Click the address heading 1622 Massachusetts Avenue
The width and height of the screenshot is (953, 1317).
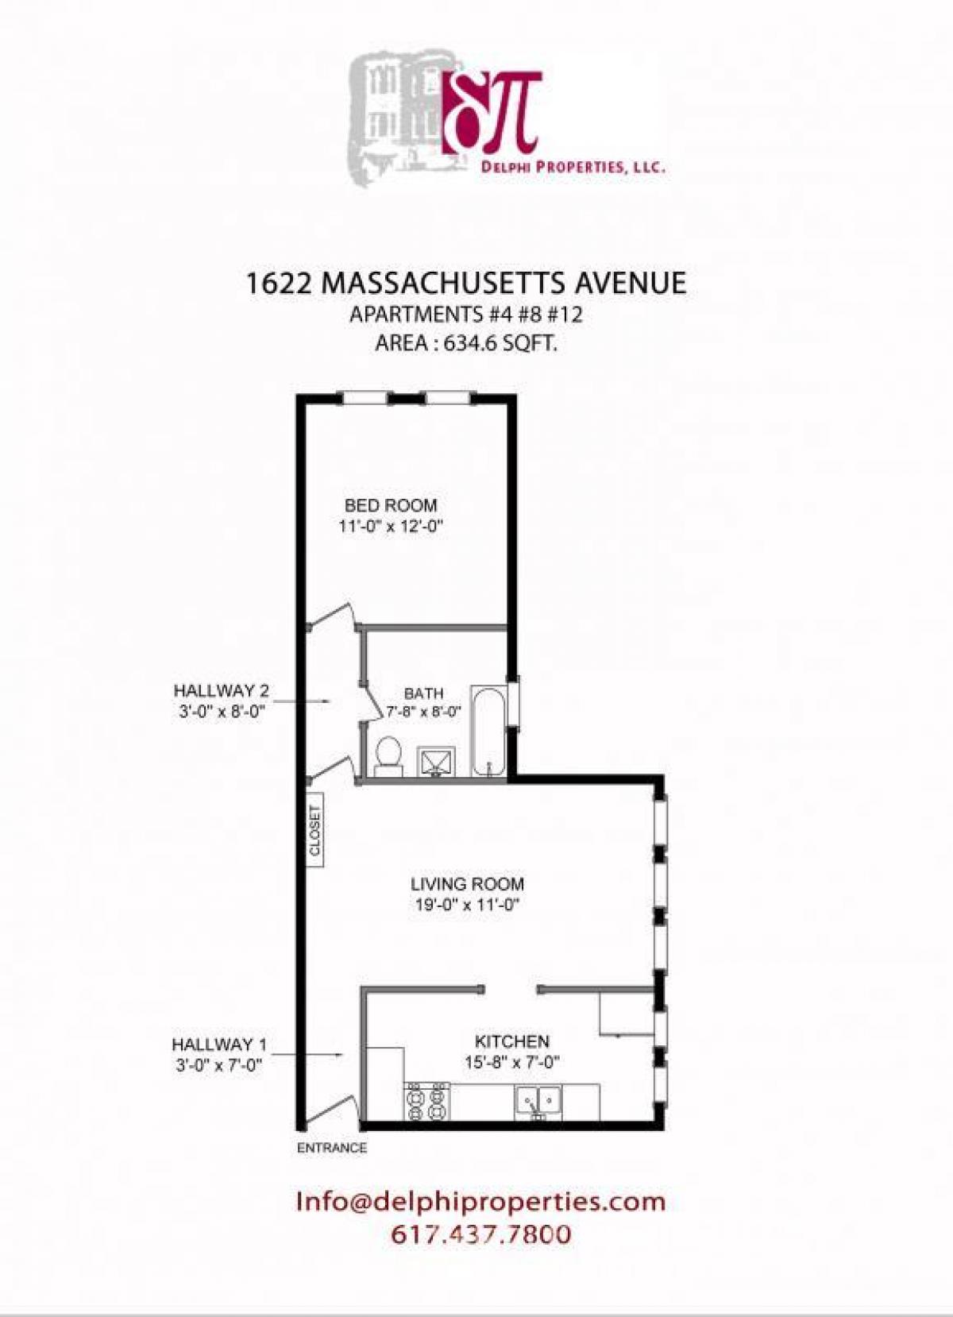(x=466, y=284)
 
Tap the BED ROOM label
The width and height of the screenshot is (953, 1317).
(x=391, y=505)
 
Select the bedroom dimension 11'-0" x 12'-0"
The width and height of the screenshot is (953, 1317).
(x=390, y=525)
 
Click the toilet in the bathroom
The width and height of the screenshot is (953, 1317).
(x=388, y=754)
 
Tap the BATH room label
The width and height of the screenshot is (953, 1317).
(x=423, y=693)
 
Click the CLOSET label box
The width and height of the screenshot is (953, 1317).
(x=315, y=831)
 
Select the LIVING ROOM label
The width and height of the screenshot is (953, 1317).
(x=467, y=883)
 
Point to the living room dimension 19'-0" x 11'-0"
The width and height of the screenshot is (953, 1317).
(x=467, y=904)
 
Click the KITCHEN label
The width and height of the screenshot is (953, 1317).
(x=511, y=1041)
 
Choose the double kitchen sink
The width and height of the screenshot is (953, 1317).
(x=540, y=1101)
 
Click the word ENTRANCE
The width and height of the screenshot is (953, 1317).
(x=332, y=1148)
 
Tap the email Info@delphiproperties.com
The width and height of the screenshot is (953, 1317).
(x=480, y=1201)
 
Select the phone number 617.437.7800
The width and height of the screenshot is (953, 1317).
(x=481, y=1234)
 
